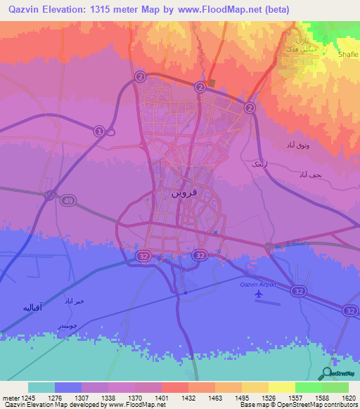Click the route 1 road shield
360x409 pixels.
point(99,130)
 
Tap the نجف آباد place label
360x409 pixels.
point(310,173)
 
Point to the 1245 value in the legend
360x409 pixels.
point(28,397)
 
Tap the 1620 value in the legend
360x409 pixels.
point(347,397)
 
